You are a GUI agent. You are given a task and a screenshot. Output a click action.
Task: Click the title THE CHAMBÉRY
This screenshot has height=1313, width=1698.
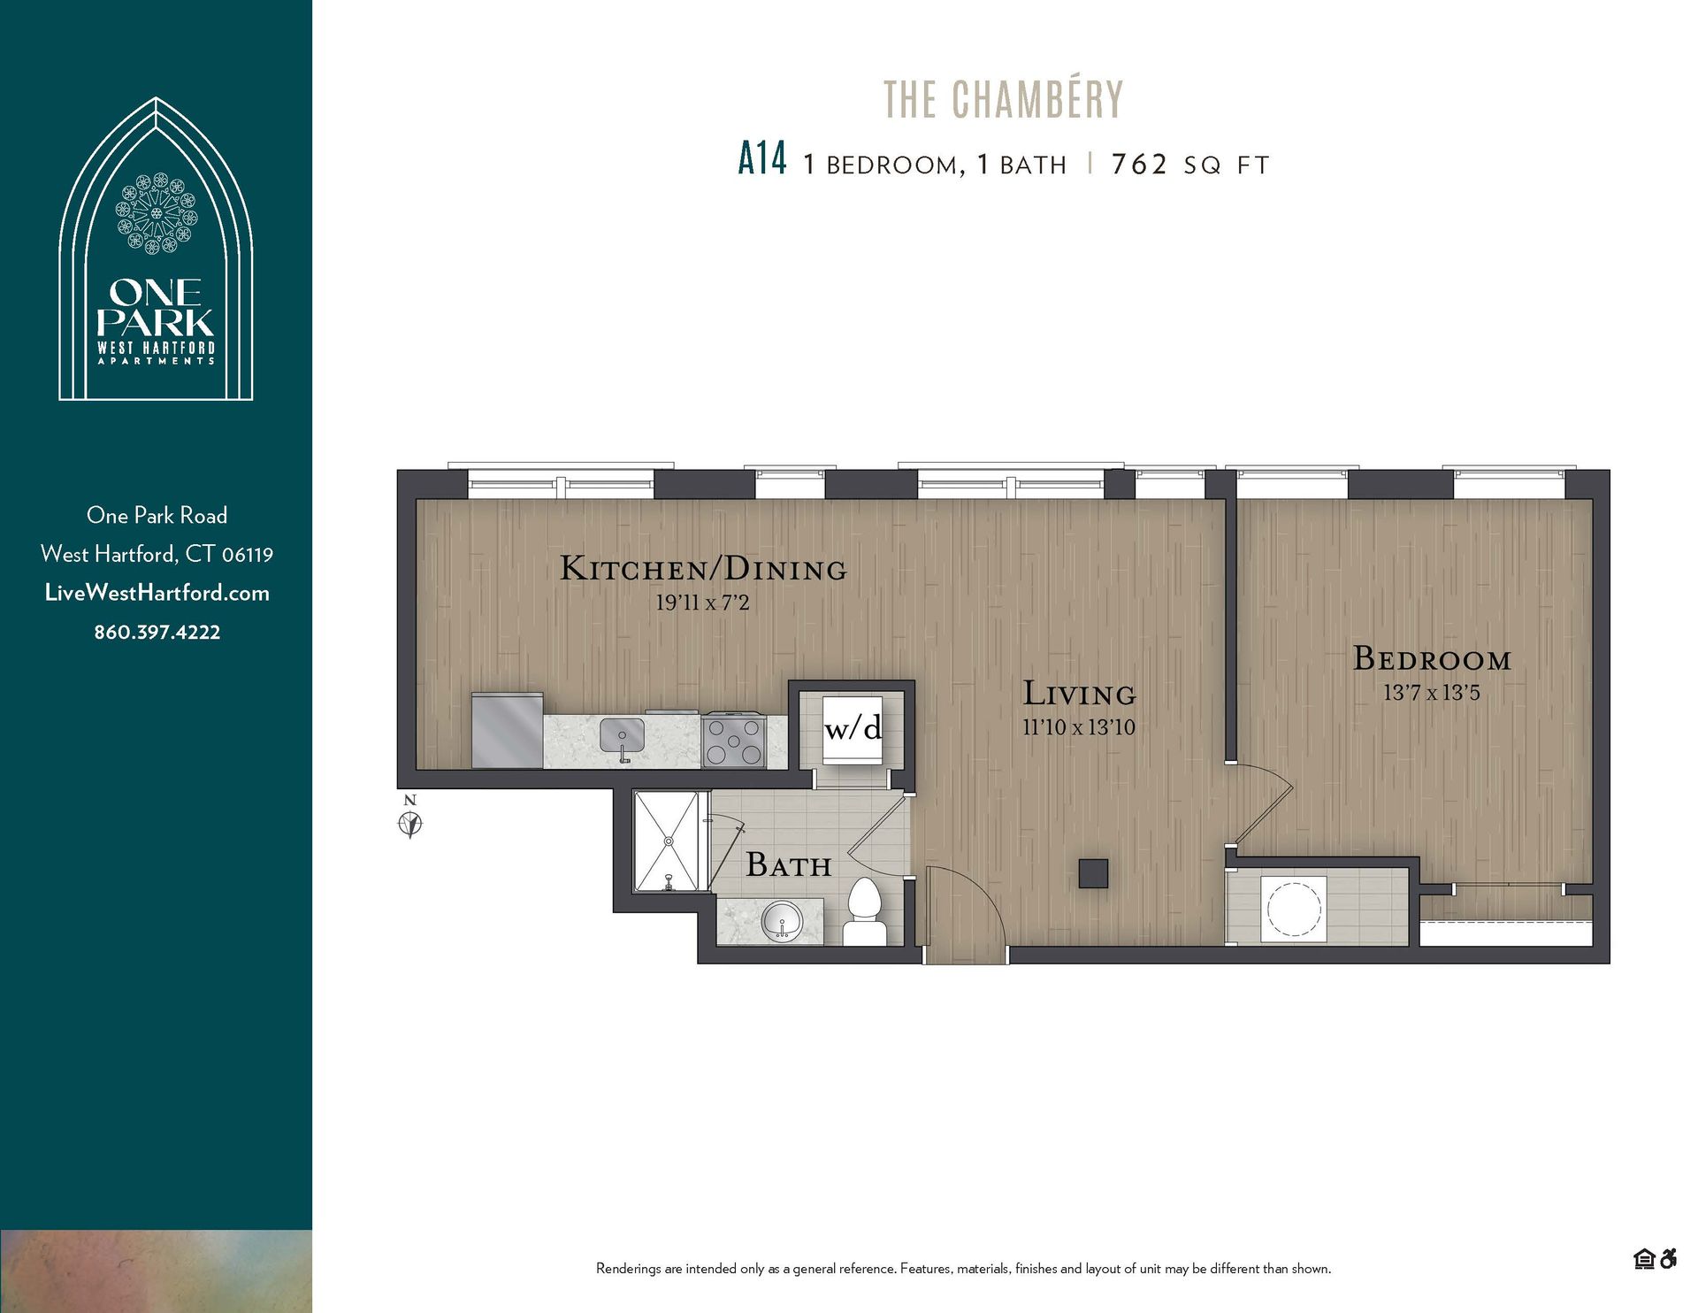1003,99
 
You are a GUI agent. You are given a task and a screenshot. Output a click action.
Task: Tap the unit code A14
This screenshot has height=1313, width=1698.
761,160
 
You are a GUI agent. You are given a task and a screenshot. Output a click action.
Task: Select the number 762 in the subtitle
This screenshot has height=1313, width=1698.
1139,164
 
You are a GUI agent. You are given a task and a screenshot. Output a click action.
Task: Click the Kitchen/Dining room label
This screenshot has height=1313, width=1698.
703,569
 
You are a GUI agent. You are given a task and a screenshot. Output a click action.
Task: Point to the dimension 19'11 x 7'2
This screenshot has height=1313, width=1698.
702,603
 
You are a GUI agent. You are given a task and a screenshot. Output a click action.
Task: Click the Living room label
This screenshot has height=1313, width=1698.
1079,694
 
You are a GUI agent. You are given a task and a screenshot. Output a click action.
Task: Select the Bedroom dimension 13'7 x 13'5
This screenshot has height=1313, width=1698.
1431,693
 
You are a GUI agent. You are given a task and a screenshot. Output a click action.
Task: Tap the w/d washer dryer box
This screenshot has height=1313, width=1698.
853,729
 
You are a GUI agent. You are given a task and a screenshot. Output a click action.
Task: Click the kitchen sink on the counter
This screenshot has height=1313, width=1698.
622,736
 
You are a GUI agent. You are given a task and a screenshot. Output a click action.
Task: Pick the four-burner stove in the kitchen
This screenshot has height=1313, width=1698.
734,741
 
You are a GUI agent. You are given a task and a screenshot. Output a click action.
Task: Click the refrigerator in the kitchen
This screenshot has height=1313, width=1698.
507,730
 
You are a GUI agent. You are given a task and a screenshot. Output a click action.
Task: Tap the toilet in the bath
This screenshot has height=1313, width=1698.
864,911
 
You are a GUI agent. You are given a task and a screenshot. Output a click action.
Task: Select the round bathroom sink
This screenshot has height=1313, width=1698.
782,922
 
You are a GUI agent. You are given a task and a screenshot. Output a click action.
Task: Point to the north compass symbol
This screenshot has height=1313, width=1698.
409,819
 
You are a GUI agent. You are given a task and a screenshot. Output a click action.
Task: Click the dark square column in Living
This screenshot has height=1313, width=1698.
1093,873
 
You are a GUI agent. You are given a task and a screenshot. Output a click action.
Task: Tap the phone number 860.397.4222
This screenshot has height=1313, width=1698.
157,632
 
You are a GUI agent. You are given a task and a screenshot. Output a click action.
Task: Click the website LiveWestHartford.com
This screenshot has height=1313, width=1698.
157,593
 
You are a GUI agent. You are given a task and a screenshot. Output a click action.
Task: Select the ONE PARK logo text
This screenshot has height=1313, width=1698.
156,307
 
